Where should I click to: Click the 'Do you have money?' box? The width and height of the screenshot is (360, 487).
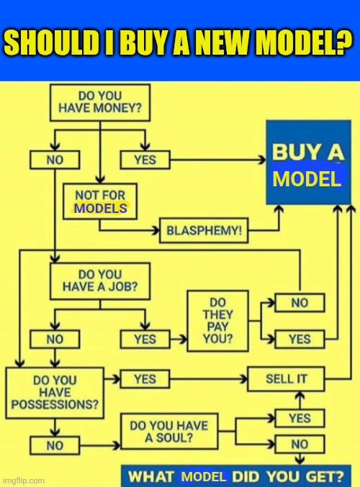pos(100,102)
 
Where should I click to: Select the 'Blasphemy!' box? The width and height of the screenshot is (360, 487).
pos(204,230)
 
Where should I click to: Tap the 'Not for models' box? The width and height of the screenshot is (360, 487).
pos(100,201)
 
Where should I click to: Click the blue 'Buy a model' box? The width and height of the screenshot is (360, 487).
pos(308,163)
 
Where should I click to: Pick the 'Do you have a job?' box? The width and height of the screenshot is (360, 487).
pos(100,281)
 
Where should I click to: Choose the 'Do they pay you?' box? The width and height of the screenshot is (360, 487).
pos(217,321)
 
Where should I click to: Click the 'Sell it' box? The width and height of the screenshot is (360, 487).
pos(286,379)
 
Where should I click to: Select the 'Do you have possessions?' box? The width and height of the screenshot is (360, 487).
pos(55,393)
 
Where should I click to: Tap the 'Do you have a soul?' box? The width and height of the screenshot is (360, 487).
pos(169,432)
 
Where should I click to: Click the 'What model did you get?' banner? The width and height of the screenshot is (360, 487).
pos(236,475)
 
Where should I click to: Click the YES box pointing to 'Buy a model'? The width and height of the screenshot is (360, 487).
pos(145,160)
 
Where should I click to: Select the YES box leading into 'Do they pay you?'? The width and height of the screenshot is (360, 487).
pos(145,339)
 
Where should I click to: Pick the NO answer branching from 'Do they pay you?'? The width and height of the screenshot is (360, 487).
pos(300,303)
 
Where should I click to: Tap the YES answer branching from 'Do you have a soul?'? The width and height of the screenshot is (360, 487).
pos(300,418)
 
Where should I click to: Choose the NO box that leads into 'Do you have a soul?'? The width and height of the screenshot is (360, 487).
pos(55,445)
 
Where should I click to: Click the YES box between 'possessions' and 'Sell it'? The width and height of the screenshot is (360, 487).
pos(145,379)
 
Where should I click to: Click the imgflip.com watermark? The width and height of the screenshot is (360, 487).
pos(22,481)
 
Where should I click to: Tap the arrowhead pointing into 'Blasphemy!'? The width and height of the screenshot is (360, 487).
pos(156,230)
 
